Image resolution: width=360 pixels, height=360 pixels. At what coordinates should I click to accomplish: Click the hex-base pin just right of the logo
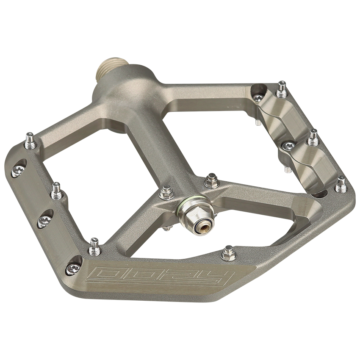[228, 253]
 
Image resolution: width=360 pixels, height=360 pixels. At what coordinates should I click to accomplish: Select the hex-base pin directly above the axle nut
[210, 182]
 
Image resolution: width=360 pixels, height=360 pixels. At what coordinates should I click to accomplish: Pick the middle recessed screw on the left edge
[44, 219]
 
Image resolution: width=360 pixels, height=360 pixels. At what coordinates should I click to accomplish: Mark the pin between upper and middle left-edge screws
[56, 191]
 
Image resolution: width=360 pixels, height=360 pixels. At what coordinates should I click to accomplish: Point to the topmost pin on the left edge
[30, 138]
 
